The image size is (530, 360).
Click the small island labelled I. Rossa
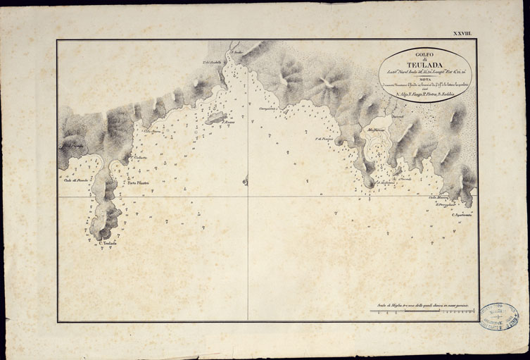(215, 118)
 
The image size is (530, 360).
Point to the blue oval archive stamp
(498, 317)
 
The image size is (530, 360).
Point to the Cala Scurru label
(152, 131)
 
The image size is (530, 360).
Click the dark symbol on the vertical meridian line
(246, 182)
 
